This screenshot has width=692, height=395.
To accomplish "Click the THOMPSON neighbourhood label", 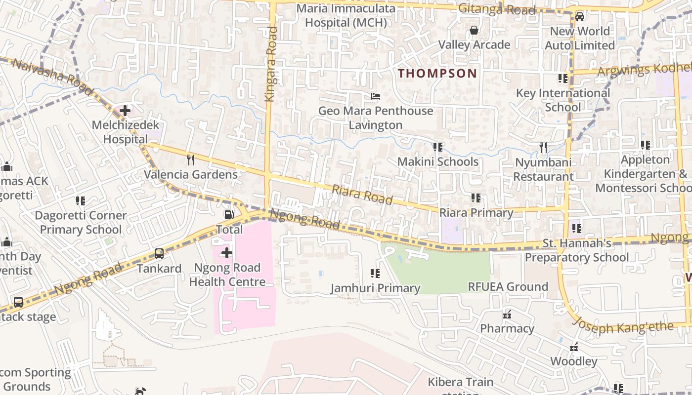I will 437,74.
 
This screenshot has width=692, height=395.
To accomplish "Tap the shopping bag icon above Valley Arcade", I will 474,31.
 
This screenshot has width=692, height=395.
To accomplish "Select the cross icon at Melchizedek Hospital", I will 125,110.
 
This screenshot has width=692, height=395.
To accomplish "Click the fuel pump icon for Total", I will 229,215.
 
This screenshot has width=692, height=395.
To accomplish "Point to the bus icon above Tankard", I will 159,254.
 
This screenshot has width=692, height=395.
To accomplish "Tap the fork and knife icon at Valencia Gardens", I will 191,159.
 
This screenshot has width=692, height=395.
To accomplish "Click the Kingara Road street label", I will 271,64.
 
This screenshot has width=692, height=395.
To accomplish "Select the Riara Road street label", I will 362,195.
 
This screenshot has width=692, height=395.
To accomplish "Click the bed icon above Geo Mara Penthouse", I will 376,96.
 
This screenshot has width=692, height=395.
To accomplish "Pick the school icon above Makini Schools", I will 437,147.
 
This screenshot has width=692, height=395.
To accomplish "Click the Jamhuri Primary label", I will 375,288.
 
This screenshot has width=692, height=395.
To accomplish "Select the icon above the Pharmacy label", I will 507,314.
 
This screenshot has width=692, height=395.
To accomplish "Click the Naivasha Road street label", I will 52,78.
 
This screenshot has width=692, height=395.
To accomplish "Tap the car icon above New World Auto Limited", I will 580,17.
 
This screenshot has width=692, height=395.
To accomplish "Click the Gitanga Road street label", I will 497,9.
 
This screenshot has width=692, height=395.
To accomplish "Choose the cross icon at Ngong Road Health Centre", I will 227,253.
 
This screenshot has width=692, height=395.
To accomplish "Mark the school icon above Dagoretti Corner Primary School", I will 81,201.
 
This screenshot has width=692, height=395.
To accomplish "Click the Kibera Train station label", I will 460,383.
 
